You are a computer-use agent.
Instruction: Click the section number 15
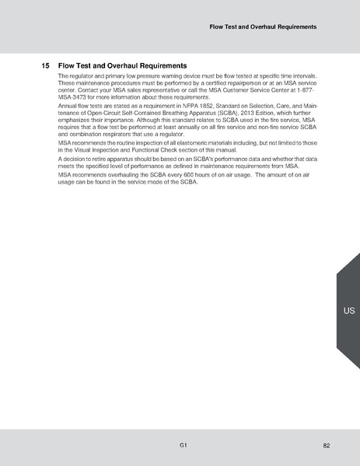click(45, 65)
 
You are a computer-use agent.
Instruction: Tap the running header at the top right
click(263, 27)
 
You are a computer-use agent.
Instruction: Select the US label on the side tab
click(348, 311)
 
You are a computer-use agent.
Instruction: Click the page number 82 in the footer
click(327, 446)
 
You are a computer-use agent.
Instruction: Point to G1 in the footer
click(182, 446)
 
